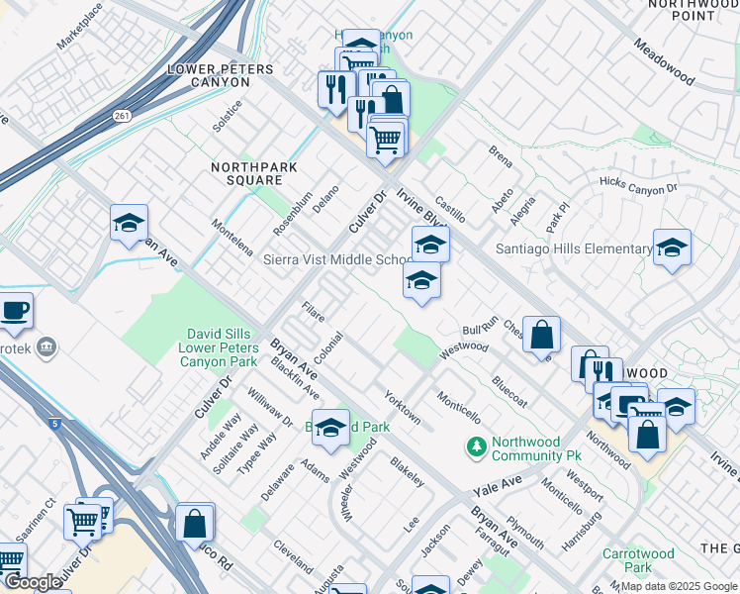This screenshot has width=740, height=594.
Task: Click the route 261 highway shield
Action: click(121, 116)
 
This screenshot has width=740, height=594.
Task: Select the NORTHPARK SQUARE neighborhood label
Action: click(254, 174)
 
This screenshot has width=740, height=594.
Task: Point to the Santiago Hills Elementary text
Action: click(573, 248)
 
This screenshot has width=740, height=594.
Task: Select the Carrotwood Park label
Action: click(638, 561)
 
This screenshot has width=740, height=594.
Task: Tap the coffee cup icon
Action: click(15, 310)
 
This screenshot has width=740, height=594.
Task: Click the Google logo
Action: click(33, 582)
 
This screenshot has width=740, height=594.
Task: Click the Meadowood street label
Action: click(666, 62)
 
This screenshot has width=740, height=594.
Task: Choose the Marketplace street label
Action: click(79, 27)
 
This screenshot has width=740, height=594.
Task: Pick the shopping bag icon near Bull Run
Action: click(542, 335)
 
